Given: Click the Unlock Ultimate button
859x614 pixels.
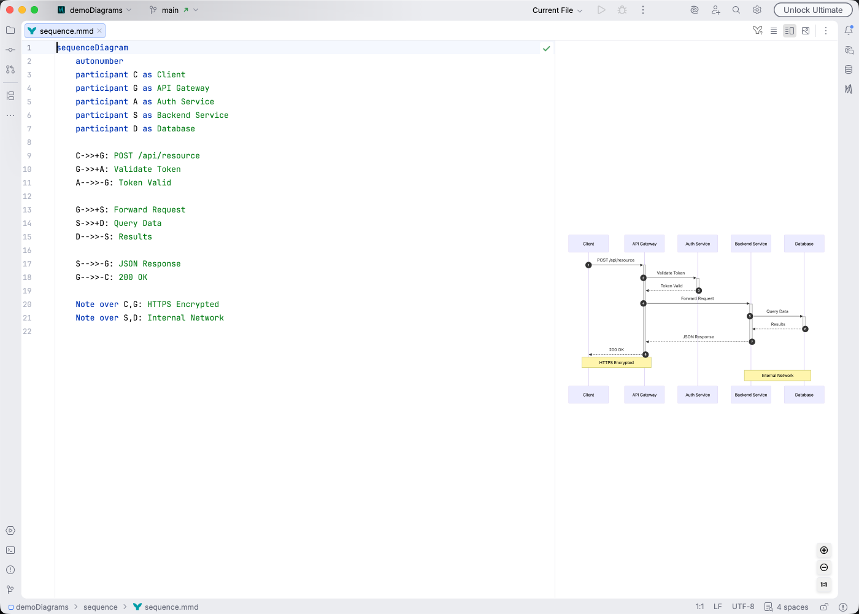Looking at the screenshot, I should point(812,10).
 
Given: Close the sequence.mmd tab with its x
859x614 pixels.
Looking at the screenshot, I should point(99,31).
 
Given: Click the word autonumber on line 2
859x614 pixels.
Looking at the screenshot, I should point(99,61).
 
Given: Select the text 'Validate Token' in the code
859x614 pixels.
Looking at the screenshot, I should point(147,169).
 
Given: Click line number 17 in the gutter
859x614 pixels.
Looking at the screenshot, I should point(27,263).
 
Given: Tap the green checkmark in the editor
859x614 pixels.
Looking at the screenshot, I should point(546,48).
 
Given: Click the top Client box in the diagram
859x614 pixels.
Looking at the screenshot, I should point(588,244).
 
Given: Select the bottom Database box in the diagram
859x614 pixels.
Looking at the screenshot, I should point(804,395).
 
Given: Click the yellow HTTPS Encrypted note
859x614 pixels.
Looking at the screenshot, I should point(616,363).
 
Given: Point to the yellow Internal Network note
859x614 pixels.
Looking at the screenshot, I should point(777,376).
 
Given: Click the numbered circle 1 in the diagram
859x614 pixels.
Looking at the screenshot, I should point(588,265).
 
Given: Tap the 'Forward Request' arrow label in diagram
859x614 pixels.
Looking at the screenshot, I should point(697,298).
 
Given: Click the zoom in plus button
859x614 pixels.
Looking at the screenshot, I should point(824,550).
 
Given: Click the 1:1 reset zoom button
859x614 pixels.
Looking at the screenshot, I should point(824,585).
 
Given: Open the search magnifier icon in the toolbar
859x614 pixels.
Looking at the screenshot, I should point(736,10).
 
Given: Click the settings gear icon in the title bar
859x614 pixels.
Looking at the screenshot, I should point(757,10).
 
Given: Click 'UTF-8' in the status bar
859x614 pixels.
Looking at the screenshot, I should point(743,607).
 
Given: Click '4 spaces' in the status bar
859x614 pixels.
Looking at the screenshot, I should point(792,607).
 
